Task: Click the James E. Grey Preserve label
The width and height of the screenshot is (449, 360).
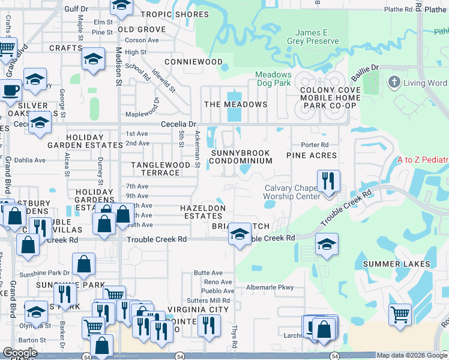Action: click(317, 37)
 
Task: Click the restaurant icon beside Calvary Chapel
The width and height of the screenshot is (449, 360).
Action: click(328, 181)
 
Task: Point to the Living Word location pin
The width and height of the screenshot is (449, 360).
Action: click(394, 83)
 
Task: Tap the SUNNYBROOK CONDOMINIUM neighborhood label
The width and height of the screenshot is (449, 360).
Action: click(241, 157)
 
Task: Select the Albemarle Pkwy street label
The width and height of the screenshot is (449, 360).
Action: click(270, 287)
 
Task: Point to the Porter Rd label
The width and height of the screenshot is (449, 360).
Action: click(315, 145)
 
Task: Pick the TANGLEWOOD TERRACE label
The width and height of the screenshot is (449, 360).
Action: click(161, 169)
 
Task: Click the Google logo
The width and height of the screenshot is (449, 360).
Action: click(20, 352)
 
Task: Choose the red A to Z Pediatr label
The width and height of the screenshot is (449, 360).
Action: click(423, 160)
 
